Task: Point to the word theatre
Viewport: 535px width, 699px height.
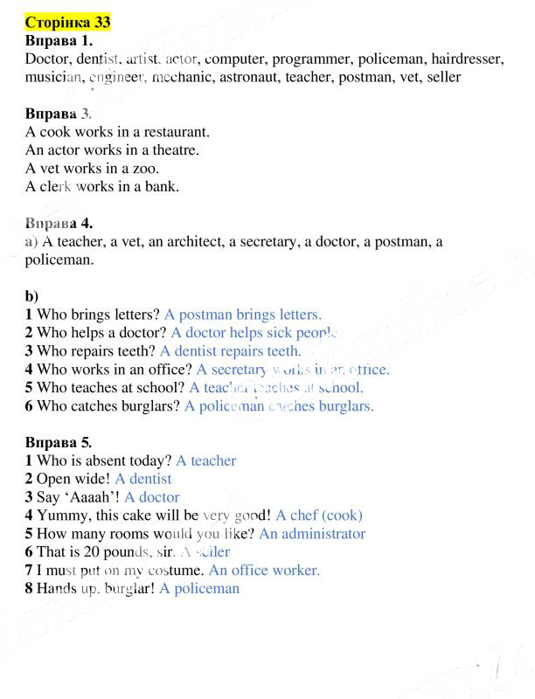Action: (x=174, y=150)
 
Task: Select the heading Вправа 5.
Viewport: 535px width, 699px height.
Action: (x=59, y=442)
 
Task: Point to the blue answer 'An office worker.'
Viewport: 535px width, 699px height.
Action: (x=264, y=571)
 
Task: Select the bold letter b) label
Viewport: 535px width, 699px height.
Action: (x=31, y=296)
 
